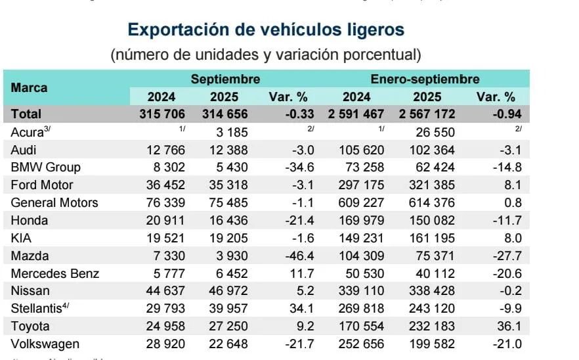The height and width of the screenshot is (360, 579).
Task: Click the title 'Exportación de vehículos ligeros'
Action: click(x=266, y=30)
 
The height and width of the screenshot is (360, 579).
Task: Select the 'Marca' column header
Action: click(x=30, y=87)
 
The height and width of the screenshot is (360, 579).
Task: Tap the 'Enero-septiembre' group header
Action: click(x=425, y=79)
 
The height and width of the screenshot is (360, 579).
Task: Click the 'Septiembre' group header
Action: click(x=225, y=79)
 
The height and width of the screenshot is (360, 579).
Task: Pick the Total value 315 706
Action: click(x=162, y=114)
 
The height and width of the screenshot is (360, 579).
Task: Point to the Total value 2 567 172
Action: click(x=427, y=114)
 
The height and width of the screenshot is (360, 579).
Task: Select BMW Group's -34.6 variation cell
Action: click(x=288, y=167)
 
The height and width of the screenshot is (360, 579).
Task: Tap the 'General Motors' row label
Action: click(x=54, y=202)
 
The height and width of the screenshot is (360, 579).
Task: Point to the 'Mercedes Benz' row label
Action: click(x=55, y=273)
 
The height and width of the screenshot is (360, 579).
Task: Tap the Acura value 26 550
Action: click(x=431, y=131)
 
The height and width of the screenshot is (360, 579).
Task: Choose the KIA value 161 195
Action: click(x=431, y=238)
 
